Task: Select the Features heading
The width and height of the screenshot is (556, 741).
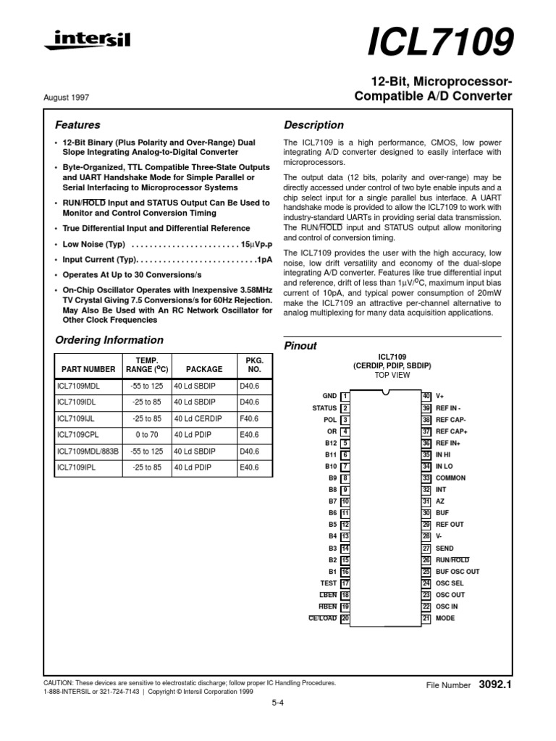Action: click(77, 124)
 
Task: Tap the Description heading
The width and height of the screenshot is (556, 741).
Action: click(313, 124)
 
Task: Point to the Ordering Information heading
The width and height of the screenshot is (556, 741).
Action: click(109, 339)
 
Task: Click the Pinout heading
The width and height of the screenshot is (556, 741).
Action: click(300, 346)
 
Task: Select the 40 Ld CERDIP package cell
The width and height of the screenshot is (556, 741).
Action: click(198, 418)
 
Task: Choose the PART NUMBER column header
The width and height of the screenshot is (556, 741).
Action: click(88, 368)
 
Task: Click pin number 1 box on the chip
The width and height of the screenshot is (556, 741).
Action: click(345, 396)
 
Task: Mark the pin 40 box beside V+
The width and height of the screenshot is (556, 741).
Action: click(426, 396)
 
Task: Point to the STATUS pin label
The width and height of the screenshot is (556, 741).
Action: click(324, 408)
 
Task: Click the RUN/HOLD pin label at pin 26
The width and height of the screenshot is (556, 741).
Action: click(452, 560)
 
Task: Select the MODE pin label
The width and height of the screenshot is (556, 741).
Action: click(445, 619)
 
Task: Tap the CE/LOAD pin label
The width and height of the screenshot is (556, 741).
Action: click(323, 619)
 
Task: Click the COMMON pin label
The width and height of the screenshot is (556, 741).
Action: click(450, 478)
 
